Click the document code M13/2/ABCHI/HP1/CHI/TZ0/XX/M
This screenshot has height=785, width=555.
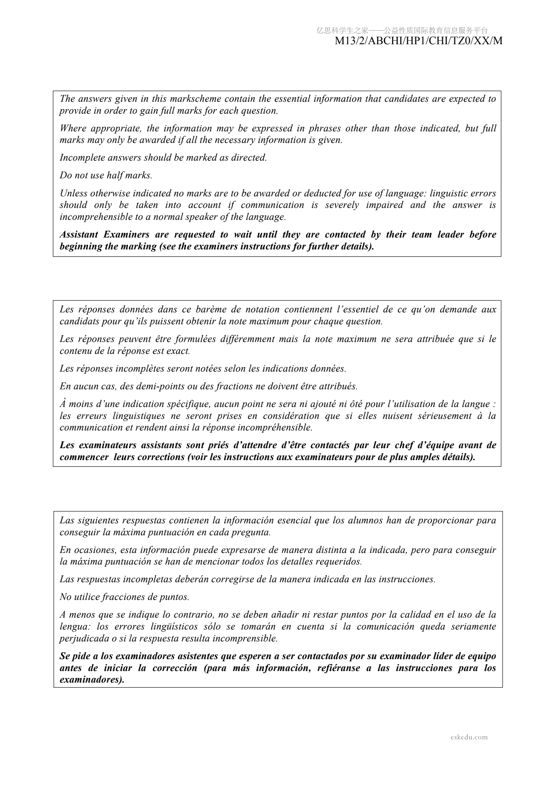(418, 41)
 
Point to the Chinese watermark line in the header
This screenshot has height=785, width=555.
(402, 31)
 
